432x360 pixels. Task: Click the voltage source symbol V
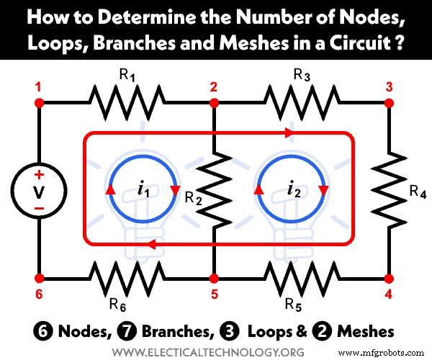[40, 191]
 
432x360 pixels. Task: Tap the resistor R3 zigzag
[302, 103]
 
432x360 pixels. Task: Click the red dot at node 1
[40, 103]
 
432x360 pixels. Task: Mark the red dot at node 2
[215, 103]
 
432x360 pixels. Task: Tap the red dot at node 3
[389, 103]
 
